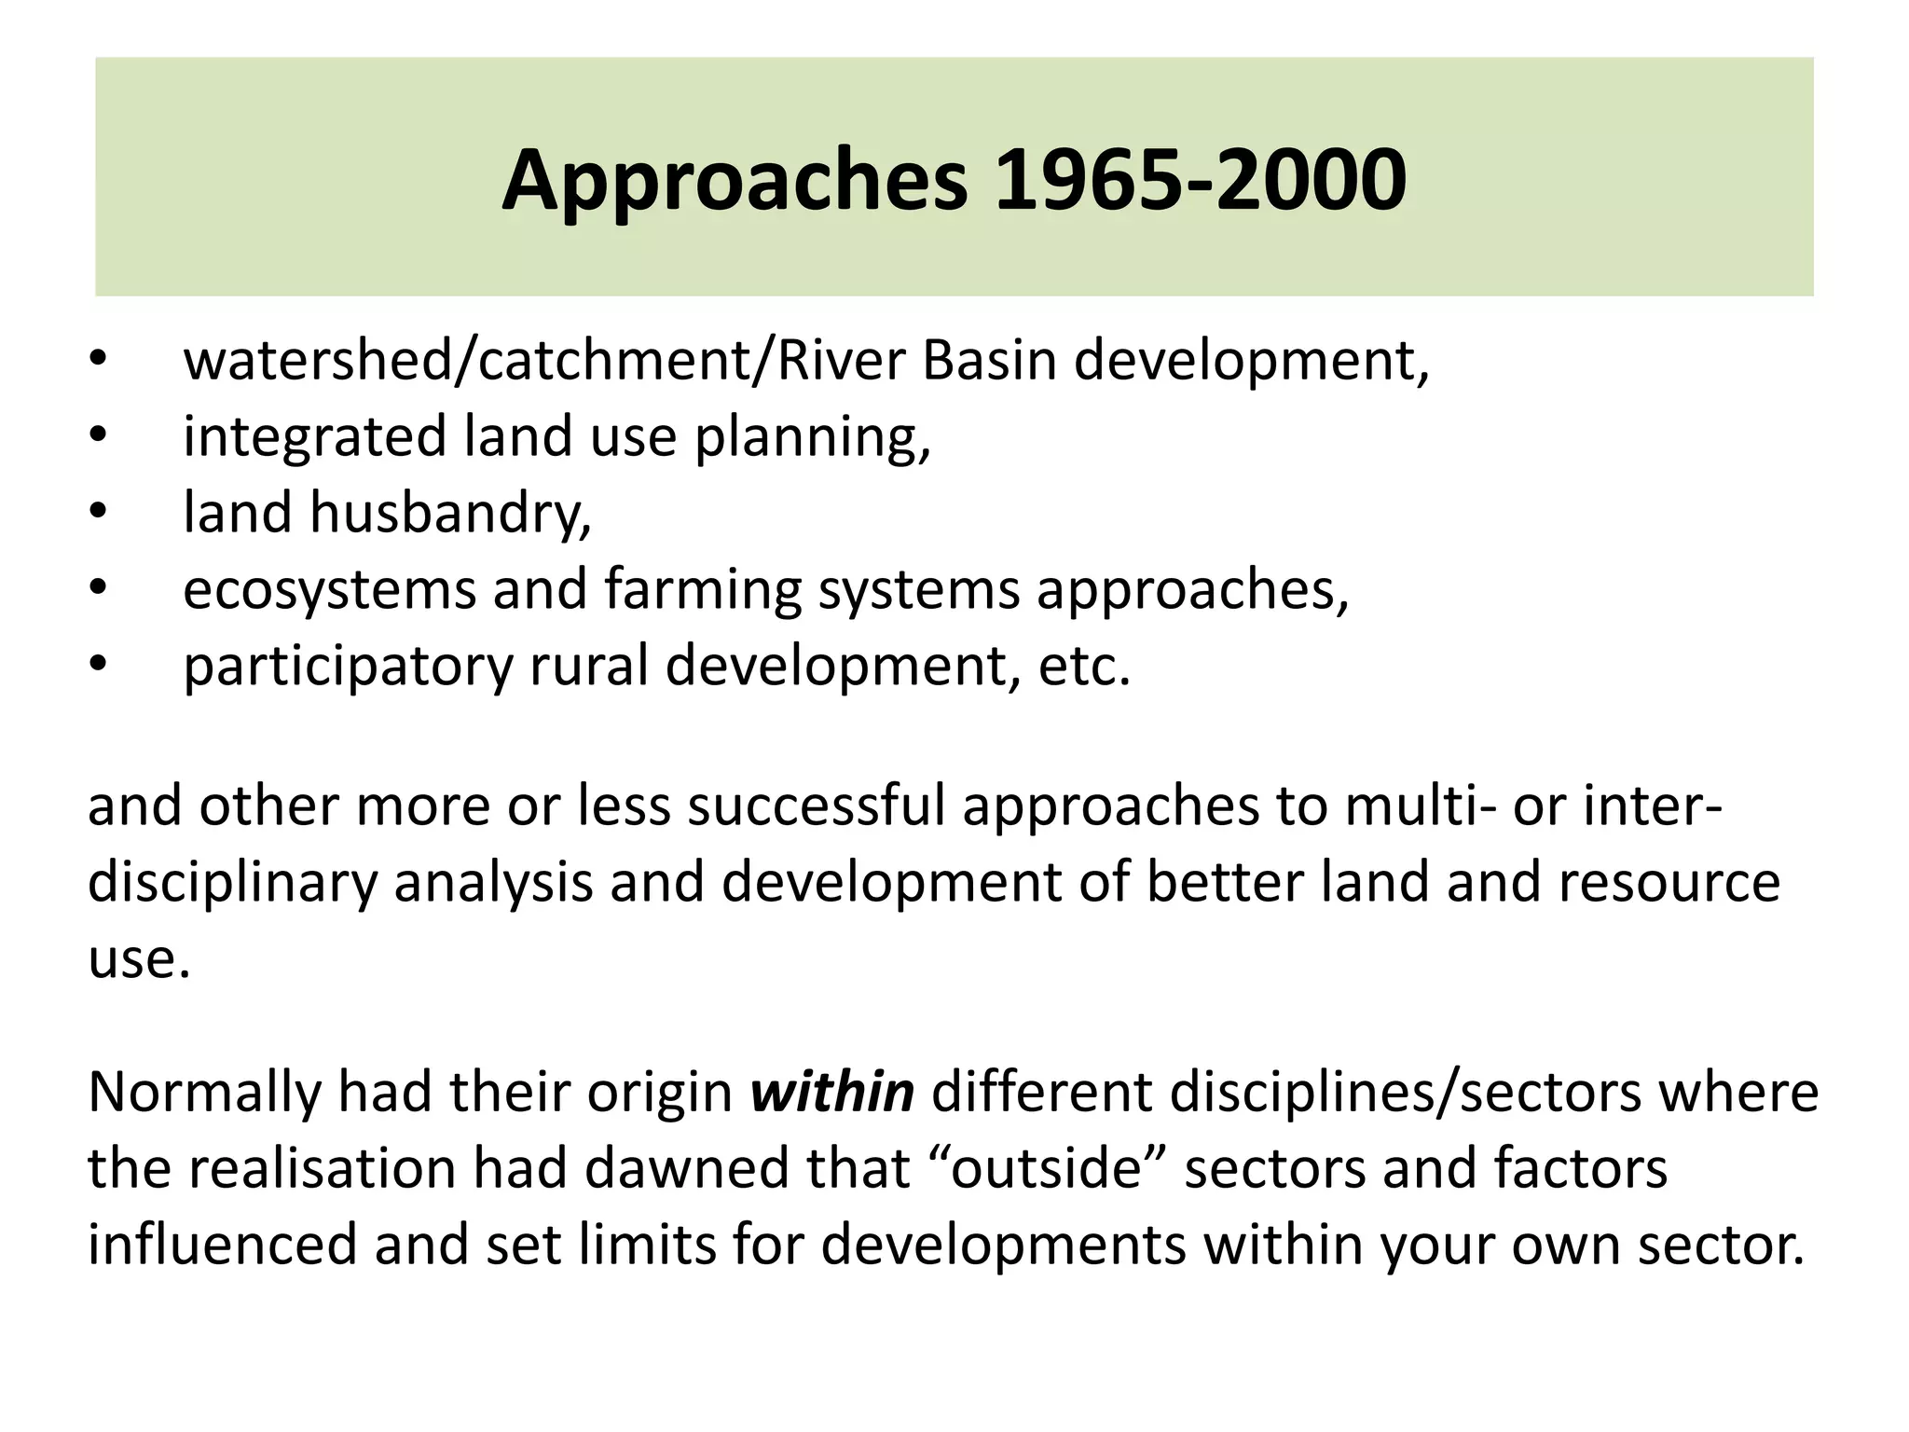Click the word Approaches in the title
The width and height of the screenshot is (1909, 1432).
(x=735, y=181)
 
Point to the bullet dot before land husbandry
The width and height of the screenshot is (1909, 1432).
(x=100, y=513)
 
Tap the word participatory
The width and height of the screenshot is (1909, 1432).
(x=348, y=667)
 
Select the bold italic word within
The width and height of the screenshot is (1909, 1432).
(x=831, y=1092)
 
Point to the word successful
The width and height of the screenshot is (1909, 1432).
(x=816, y=805)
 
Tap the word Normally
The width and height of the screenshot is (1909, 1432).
(x=203, y=1094)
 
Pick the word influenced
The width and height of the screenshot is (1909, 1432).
(x=222, y=1245)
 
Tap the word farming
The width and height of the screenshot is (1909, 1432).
(x=702, y=590)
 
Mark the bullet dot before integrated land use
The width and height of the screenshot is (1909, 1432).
(x=100, y=436)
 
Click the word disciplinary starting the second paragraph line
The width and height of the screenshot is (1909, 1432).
(x=232, y=883)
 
